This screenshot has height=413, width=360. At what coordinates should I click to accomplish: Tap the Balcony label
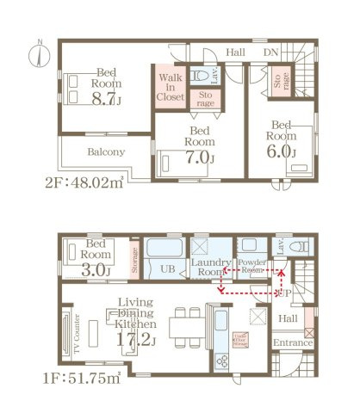tap(106, 151)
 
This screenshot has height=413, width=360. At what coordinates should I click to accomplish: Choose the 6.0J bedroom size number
tap(281, 151)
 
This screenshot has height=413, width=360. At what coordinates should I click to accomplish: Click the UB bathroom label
tap(170, 269)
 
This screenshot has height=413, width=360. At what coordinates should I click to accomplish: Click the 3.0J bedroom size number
tap(96, 270)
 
